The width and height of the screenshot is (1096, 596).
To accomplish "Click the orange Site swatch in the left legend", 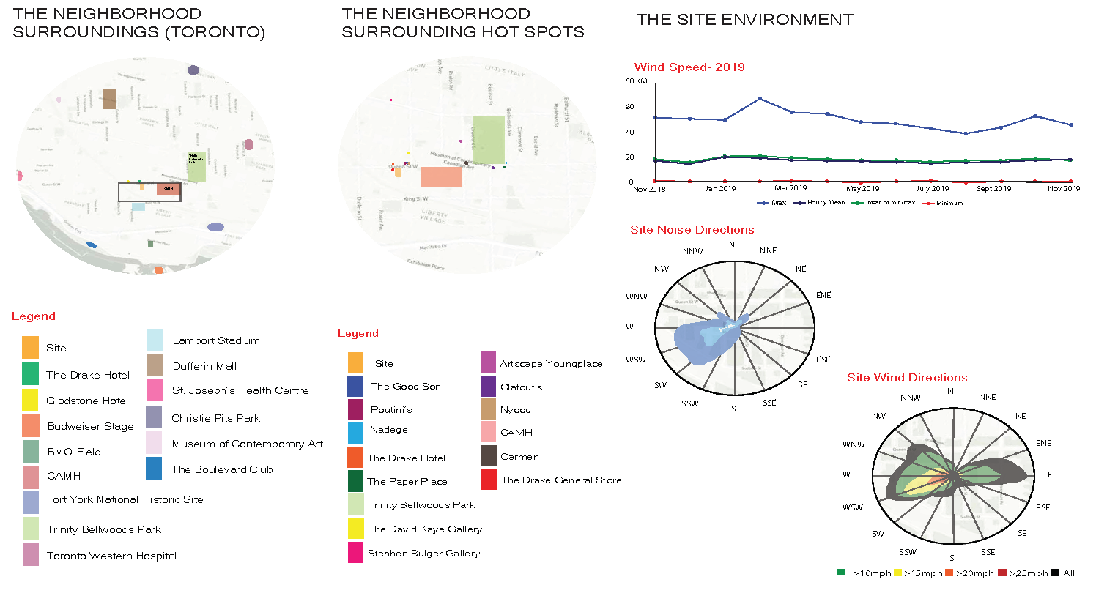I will (30, 347).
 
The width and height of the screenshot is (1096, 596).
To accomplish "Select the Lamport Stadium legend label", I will (215, 340).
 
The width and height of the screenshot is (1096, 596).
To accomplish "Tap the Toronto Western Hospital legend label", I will (111, 556).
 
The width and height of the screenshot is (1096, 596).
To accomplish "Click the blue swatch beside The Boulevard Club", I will (154, 469).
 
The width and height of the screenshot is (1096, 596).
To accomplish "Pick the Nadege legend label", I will (389, 430).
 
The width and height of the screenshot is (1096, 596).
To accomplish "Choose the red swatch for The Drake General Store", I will (489, 480).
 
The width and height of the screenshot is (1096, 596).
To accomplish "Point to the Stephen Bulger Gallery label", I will (423, 554).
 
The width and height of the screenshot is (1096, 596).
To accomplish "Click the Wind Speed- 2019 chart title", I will (689, 67).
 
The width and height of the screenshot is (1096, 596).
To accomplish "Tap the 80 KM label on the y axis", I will (636, 81).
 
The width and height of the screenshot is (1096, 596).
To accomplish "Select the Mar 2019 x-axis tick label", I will (790, 188).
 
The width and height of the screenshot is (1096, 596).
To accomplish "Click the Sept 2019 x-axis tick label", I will (993, 188).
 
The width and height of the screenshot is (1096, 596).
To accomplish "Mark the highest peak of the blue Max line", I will (760, 98).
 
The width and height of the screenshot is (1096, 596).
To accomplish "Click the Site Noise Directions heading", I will (692, 230).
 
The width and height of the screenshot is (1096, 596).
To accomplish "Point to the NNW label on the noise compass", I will (692, 251).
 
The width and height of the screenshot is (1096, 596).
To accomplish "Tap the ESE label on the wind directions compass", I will (1043, 507).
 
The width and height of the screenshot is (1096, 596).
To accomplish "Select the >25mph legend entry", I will (1028, 573).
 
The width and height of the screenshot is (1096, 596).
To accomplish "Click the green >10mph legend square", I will (841, 573).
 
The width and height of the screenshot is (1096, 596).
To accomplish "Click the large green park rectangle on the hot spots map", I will (489, 139).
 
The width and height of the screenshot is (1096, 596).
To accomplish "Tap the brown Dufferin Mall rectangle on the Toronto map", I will (110, 98).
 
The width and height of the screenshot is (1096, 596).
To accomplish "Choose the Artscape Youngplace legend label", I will (551, 364).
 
